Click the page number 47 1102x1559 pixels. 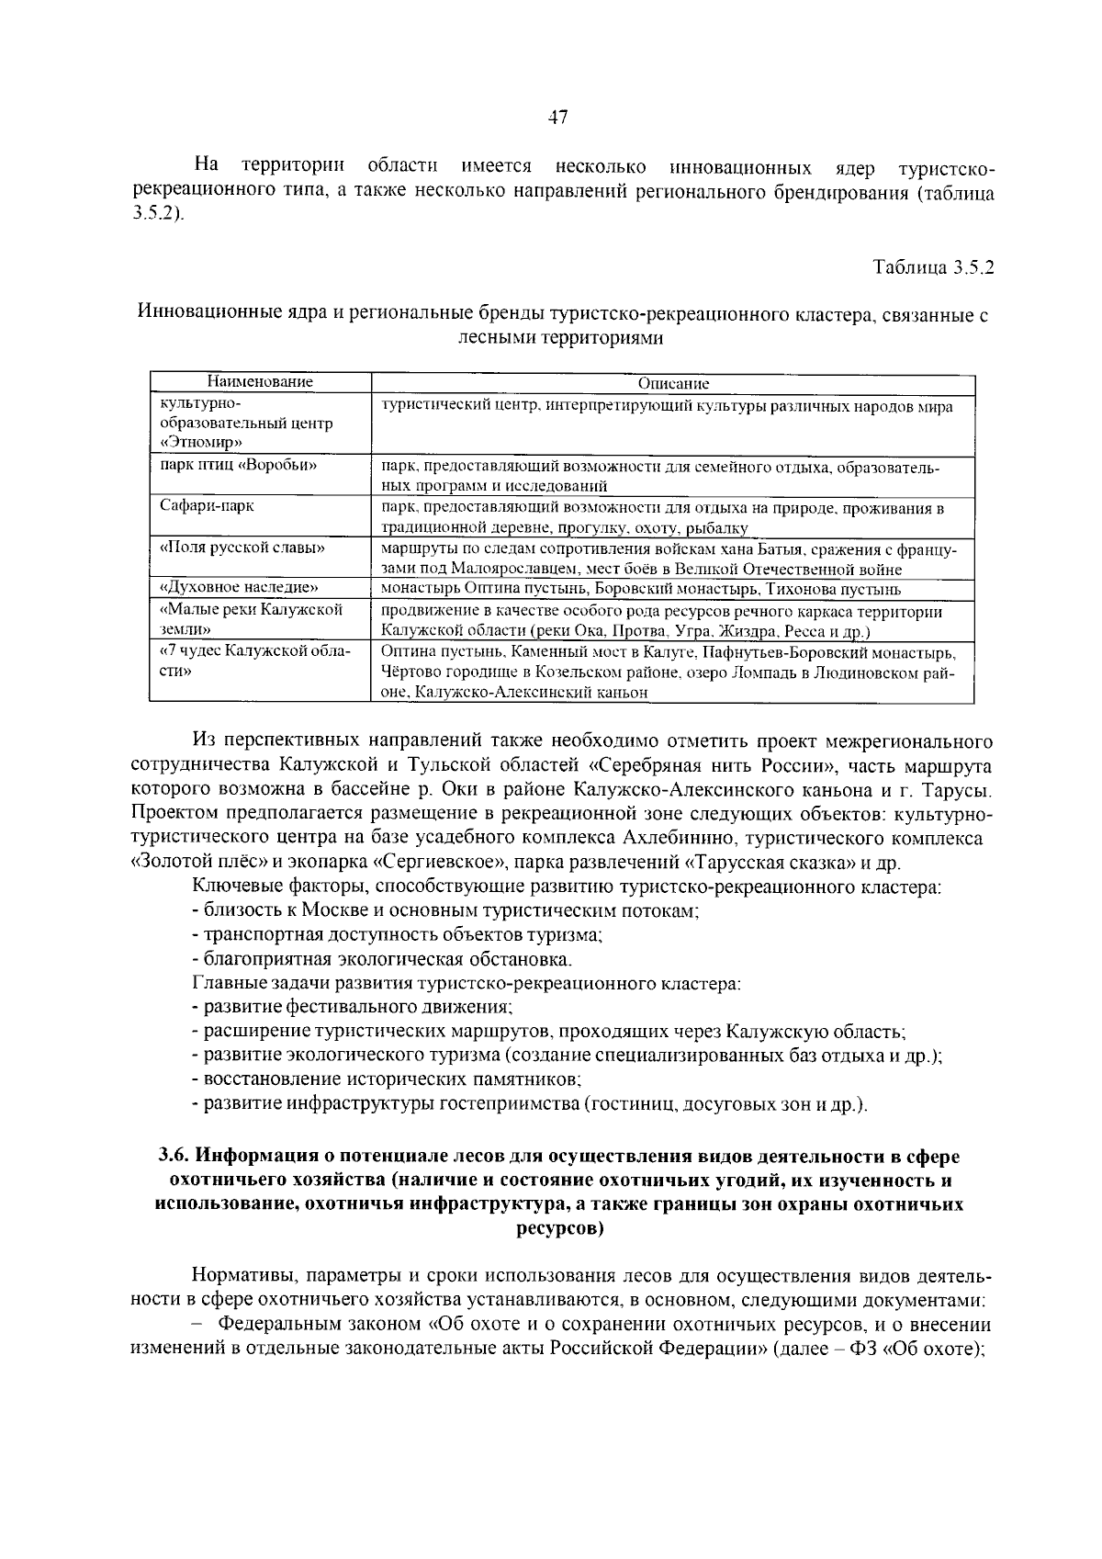pyautogui.click(x=557, y=118)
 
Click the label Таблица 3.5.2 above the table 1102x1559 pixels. pyautogui.click(x=933, y=268)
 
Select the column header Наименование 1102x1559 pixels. pyautogui.click(x=260, y=382)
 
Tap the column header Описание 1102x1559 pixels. pyautogui.click(x=673, y=384)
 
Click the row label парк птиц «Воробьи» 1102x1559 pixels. pyautogui.click(x=239, y=465)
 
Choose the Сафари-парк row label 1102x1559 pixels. pyautogui.click(x=207, y=506)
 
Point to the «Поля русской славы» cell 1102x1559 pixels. pyautogui.click(x=242, y=548)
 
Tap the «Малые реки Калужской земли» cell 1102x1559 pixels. pyautogui.click(x=251, y=619)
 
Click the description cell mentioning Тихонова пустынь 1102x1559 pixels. pyautogui.click(x=641, y=589)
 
